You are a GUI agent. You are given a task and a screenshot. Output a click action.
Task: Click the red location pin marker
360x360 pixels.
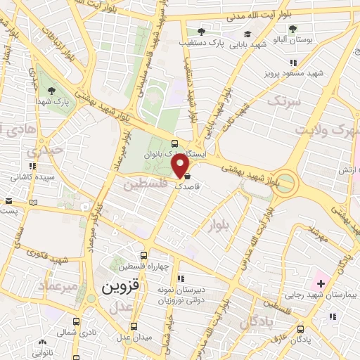tap(181, 166)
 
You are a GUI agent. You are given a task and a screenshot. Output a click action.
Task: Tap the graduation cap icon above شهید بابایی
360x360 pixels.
tap(247, 33)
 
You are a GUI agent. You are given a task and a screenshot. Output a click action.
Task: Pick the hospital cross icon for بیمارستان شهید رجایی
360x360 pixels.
tap(321, 284)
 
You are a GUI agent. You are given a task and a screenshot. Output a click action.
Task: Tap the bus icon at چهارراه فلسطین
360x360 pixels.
tap(144, 255)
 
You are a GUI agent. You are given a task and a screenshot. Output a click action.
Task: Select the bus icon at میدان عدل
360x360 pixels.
tap(134, 327)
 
